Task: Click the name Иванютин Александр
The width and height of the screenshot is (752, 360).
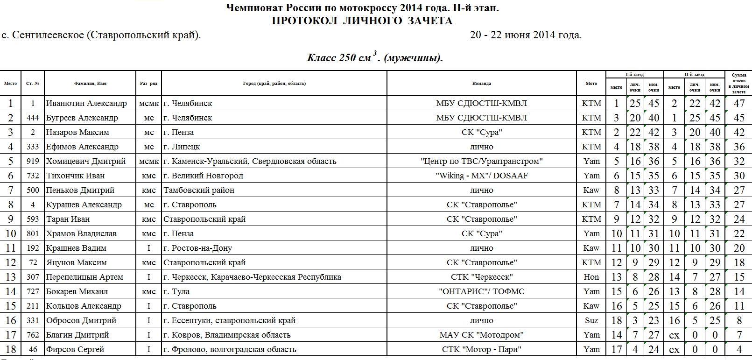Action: (x=86, y=103)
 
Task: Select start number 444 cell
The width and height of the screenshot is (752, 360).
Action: (x=33, y=118)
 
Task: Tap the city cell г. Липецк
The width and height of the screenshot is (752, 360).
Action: (x=182, y=147)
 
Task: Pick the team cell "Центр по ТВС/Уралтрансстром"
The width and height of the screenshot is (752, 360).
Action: (x=481, y=161)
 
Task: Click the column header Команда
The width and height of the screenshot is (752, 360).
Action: (x=481, y=84)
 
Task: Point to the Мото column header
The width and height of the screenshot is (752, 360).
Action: (x=591, y=84)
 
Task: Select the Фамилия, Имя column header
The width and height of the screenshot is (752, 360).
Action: (x=90, y=84)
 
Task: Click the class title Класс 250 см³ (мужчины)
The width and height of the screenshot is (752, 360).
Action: (x=374, y=57)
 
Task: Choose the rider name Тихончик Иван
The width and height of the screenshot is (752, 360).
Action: (x=75, y=176)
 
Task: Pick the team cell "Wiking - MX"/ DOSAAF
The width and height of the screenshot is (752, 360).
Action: (x=481, y=176)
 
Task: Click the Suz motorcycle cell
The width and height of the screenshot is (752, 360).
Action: (x=591, y=320)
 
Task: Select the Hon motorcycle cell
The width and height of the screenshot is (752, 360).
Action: (x=591, y=277)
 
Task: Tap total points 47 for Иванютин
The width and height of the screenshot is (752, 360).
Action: (x=739, y=103)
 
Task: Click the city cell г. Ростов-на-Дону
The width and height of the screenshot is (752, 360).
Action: (x=197, y=248)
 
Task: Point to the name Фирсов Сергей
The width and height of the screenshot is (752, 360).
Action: (x=75, y=349)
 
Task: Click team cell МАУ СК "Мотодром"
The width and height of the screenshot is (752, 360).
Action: (x=481, y=335)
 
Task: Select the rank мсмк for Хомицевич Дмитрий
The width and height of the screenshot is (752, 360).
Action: (x=149, y=161)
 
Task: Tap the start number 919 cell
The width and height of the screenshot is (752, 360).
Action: (x=33, y=161)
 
